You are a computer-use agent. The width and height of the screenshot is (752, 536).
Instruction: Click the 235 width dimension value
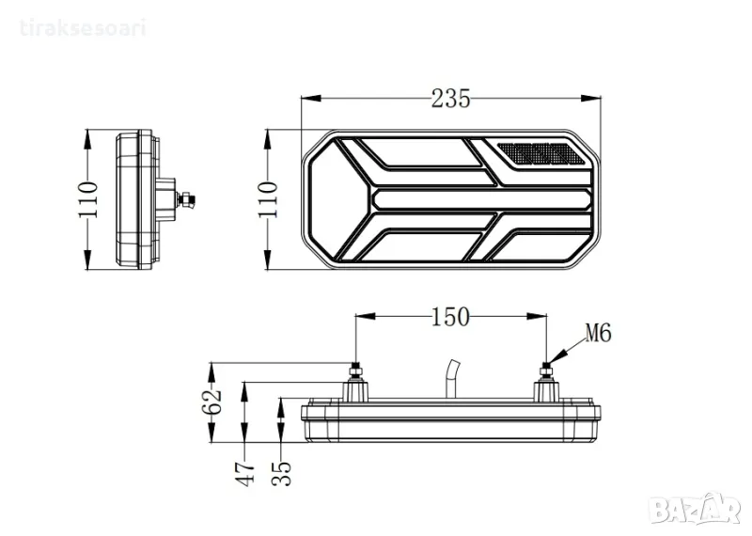pyautogui.click(x=451, y=99)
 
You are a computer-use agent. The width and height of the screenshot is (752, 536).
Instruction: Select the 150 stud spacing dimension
pyautogui.click(x=450, y=317)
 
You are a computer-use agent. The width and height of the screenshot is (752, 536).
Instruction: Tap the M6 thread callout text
pyautogui.click(x=598, y=333)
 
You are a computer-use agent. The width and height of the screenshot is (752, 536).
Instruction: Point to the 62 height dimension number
pyautogui.click(x=211, y=402)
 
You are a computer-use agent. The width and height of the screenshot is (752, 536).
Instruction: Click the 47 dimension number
pyautogui.click(x=246, y=474)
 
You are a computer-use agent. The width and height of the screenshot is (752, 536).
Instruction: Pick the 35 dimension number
pyautogui.click(x=281, y=474)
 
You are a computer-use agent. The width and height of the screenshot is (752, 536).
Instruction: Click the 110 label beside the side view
pyautogui.click(x=87, y=199)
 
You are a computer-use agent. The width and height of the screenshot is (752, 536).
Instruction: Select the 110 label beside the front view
pyautogui.click(x=267, y=199)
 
